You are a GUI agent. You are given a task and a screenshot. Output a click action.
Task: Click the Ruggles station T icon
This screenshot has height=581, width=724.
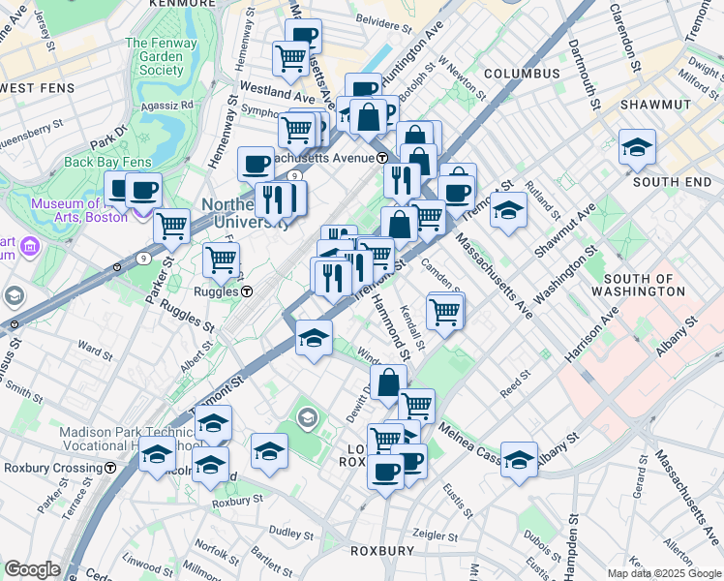coord(247,290)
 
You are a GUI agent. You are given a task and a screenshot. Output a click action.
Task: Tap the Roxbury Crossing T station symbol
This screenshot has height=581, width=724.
coord(111,467)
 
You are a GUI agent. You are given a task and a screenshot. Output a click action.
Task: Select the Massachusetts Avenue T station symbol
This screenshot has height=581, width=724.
coord(382,157)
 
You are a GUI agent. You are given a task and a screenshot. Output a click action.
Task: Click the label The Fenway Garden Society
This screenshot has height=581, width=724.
coord(155,56)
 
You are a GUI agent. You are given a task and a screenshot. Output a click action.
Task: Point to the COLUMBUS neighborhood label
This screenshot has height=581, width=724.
coord(522,74)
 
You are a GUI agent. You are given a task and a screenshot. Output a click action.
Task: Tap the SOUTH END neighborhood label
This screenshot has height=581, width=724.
coord(672,181)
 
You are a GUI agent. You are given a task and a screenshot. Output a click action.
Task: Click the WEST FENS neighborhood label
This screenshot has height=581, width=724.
coord(38,88)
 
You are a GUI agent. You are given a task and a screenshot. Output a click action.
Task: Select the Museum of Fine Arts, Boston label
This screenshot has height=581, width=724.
coord(78,210)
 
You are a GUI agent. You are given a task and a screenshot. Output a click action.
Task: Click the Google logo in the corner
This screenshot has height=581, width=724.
coord(32,569)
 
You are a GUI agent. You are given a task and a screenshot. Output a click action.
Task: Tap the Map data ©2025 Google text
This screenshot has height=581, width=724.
coord(664,573)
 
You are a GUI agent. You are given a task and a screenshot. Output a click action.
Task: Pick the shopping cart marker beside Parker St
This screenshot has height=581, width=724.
coord(171,226)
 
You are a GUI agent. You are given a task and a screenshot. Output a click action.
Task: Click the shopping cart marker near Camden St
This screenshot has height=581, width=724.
coord(444,311)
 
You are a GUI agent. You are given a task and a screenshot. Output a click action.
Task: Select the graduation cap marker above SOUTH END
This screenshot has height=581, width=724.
coord(637,147)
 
